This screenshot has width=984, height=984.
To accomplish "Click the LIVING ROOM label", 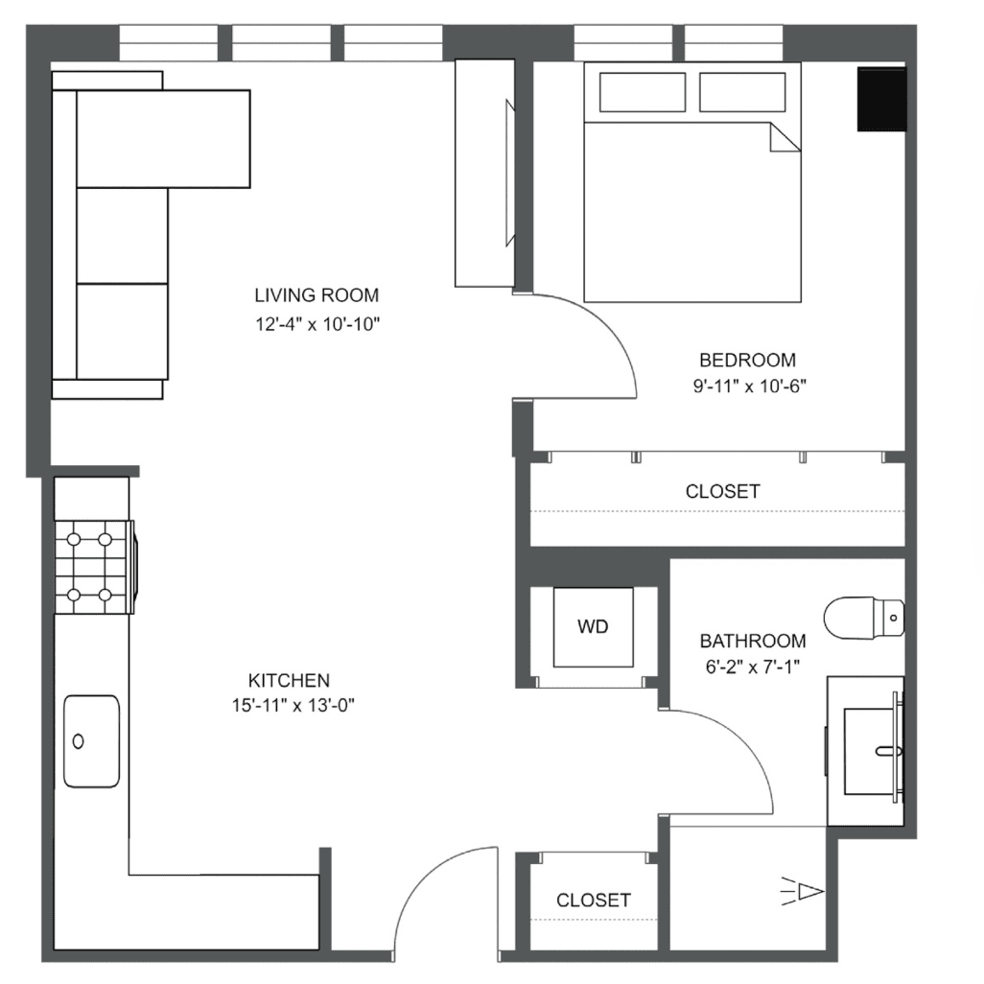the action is pyautogui.click(x=316, y=295).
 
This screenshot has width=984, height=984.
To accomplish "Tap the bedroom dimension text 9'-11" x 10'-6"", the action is pyautogui.click(x=749, y=386).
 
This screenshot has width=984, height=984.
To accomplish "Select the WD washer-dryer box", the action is pyautogui.click(x=593, y=627).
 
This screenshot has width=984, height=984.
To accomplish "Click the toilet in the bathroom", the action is pyautogui.click(x=864, y=619).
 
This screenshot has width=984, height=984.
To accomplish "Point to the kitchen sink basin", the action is pyautogui.click(x=92, y=741).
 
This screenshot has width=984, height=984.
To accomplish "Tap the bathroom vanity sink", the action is pyautogui.click(x=873, y=751).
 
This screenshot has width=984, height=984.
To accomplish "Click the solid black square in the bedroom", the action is pyautogui.click(x=881, y=99).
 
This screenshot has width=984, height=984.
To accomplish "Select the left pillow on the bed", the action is pyautogui.click(x=642, y=92).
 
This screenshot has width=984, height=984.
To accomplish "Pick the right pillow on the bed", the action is pyautogui.click(x=742, y=92).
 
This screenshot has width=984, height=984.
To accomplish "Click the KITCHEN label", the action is pyautogui.click(x=289, y=680).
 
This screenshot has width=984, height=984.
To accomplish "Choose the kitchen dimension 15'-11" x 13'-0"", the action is pyautogui.click(x=293, y=706).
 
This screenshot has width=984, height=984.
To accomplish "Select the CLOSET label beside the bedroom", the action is pyautogui.click(x=722, y=491).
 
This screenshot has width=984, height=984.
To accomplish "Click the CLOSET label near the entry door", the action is pyautogui.click(x=593, y=901).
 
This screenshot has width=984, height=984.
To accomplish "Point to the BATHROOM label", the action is pyautogui.click(x=753, y=641).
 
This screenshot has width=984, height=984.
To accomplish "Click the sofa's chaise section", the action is pyautogui.click(x=163, y=139).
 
